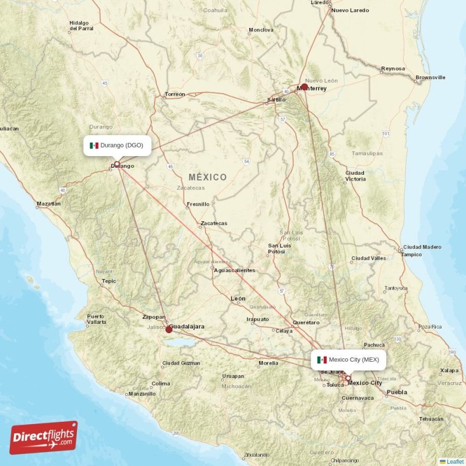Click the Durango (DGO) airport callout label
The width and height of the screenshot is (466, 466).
(x=118, y=145)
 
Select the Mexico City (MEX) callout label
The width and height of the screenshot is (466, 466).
(x=348, y=359)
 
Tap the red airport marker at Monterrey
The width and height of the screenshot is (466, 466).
(x=304, y=87)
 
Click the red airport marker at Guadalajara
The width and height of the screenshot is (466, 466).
(x=169, y=329)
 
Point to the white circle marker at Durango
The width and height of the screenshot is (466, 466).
(x=117, y=164)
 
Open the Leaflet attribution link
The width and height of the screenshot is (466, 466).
(x=455, y=461)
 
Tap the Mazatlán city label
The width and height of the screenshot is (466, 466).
(x=48, y=204)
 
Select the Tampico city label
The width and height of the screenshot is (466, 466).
(x=412, y=255)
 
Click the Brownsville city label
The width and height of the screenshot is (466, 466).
(x=430, y=77)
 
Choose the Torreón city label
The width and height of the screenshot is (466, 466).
(x=175, y=94)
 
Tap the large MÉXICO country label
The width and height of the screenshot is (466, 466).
(x=208, y=176)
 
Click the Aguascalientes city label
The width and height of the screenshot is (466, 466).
(x=234, y=270)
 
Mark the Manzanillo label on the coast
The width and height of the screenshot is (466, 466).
(x=142, y=394)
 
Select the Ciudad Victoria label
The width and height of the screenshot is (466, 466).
(x=355, y=176)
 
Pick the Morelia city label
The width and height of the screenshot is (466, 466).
(x=268, y=363)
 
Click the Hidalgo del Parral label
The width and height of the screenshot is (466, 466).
(x=82, y=24)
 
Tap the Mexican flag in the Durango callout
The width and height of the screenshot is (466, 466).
(x=94, y=145)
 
